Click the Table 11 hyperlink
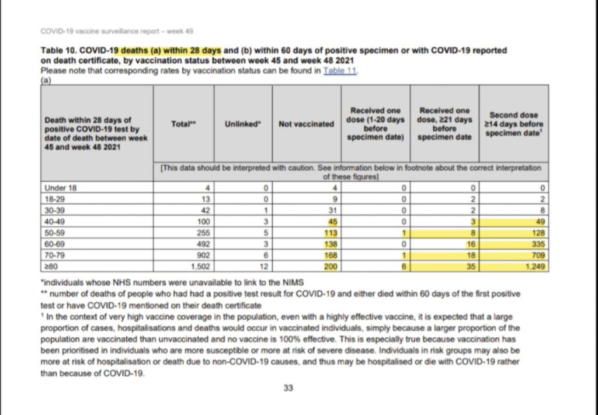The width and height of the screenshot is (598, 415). [x=340, y=71]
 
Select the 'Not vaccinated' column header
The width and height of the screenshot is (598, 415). [x=306, y=124]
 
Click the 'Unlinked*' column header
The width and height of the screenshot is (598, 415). [x=242, y=124]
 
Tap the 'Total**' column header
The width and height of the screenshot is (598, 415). [x=183, y=124]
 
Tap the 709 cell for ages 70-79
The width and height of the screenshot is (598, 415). [x=537, y=255]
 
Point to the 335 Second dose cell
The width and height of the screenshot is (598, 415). [x=537, y=244]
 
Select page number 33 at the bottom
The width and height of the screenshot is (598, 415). [x=288, y=387]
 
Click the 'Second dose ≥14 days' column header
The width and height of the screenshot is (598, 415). [x=514, y=124]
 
